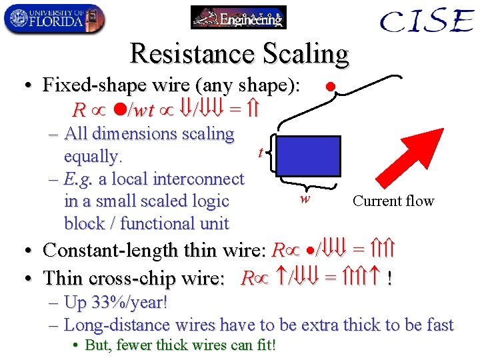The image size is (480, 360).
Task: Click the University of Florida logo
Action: coord(54,18)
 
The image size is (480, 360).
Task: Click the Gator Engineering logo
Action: coord(238,17)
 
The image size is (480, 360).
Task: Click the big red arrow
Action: coord(414,153)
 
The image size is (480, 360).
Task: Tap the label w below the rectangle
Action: coord(304,198)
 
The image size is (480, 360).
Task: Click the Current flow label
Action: coord(393,201)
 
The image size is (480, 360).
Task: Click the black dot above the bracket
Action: coord(329,87)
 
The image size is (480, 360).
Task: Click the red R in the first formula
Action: coord(79,109)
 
